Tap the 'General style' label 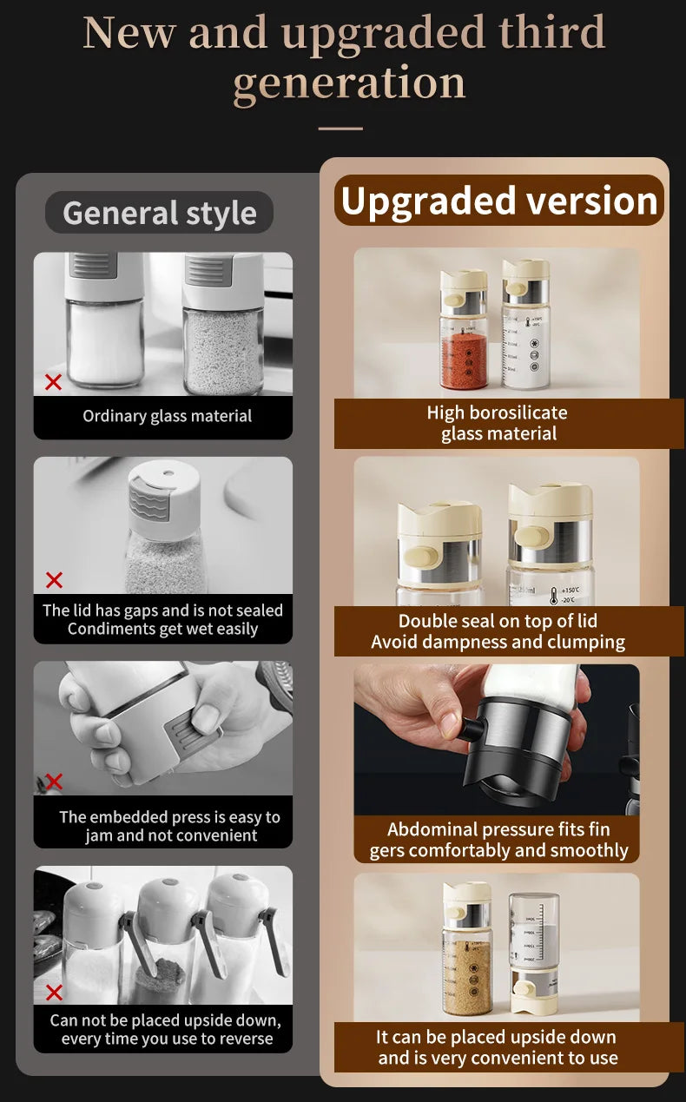pos(159,213)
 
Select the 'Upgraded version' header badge pos(499,201)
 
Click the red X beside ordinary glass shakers pos(54,381)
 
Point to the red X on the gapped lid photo pos(54,580)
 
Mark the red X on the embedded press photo pos(54,782)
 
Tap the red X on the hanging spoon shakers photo pos(54,992)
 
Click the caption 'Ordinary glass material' pos(167,416)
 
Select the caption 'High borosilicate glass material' pos(498,423)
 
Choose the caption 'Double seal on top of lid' pos(498,621)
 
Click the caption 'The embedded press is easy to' pos(169,817)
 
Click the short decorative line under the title pos(340,129)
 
